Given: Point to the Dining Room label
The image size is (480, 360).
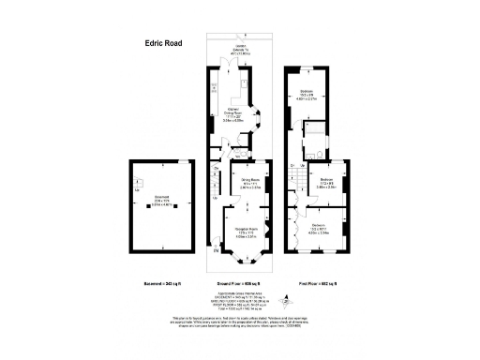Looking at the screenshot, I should point(250,185).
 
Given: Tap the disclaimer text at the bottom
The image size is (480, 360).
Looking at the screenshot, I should point(240,322).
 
